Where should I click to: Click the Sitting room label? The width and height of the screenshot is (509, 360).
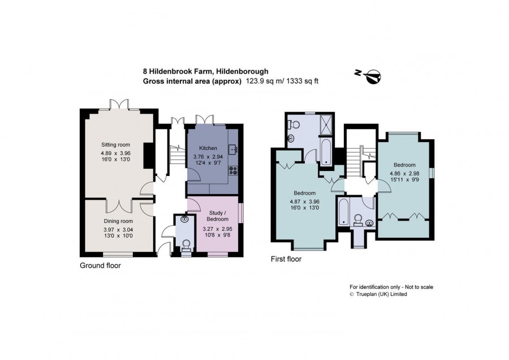click(x=115, y=144)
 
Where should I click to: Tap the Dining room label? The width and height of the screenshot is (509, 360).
click(x=118, y=221)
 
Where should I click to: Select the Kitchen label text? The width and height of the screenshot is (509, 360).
click(x=208, y=148)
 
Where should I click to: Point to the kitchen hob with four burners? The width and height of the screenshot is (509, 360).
click(x=234, y=170)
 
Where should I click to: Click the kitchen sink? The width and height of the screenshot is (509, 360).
click(x=234, y=150)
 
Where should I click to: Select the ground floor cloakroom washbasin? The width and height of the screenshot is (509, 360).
click(x=185, y=218)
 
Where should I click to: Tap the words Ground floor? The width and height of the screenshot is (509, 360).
click(x=100, y=265)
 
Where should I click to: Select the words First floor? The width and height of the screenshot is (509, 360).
click(x=286, y=259)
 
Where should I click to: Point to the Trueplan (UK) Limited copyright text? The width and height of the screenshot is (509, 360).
click(x=378, y=294)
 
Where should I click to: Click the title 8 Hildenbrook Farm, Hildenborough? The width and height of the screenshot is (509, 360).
click(x=206, y=71)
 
